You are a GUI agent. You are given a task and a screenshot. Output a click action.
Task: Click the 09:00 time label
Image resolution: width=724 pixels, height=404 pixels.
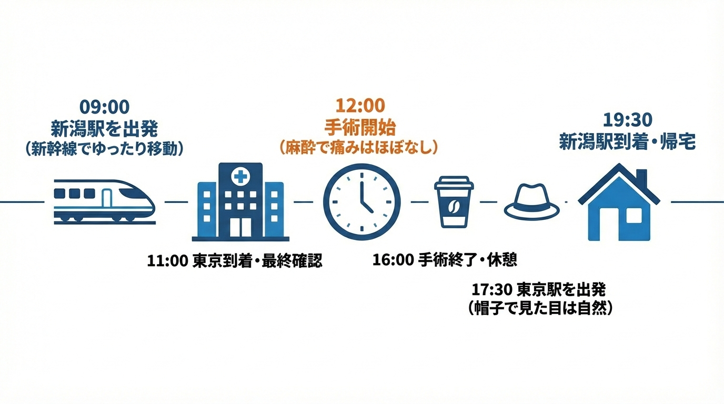click(104, 107)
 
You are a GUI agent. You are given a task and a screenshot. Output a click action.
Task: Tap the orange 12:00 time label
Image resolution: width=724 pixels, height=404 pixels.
click(360, 106)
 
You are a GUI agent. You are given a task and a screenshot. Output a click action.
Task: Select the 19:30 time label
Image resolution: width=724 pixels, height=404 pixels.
click(627, 120)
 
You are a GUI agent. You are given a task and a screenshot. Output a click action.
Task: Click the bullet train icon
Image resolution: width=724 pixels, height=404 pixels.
click(104, 200)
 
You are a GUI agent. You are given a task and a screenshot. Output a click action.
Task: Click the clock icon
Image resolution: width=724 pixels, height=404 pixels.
click(361, 202)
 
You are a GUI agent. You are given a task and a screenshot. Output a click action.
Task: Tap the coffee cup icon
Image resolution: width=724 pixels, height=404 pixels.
click(454, 202)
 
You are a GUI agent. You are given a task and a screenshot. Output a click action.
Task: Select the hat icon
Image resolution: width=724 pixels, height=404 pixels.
click(531, 202)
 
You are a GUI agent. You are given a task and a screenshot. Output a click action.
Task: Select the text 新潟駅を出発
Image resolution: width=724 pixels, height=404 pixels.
click(104, 128)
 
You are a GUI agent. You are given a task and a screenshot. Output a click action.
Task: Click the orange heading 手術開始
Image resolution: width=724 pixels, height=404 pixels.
click(360, 127)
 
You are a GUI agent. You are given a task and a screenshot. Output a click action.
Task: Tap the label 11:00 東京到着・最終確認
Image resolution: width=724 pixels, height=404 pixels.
click(235, 261)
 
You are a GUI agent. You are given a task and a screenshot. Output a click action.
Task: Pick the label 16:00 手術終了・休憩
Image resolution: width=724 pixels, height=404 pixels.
click(445, 260)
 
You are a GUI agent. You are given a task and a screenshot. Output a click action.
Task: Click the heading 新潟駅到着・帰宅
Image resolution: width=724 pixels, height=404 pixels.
click(627, 142)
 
